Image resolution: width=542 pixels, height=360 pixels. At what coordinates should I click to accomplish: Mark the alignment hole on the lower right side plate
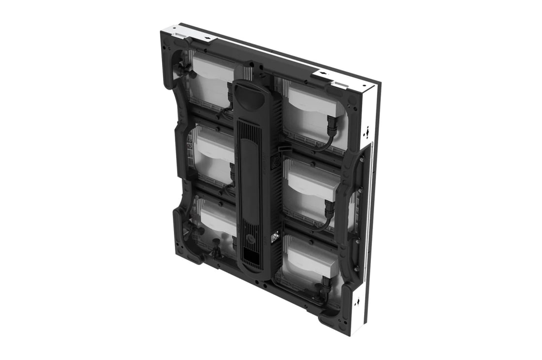(358, 302)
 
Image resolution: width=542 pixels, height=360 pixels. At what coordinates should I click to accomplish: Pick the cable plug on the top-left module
(230, 92)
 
